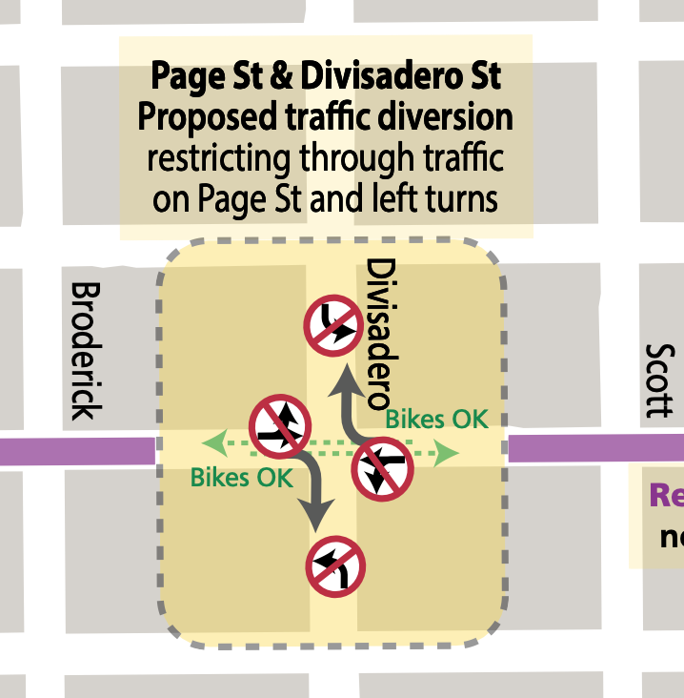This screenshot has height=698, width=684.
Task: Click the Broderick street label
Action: pyautogui.click(x=86, y=350)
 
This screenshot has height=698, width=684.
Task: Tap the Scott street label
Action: pyautogui.click(x=658, y=380)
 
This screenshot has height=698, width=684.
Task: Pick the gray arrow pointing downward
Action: pyautogui.click(x=315, y=492)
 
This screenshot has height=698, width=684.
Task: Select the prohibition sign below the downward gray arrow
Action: pyautogui.click(x=335, y=566)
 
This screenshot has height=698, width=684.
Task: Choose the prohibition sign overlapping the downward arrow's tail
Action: pyautogui.click(x=279, y=426)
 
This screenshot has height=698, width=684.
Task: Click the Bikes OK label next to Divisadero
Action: pyautogui.click(x=436, y=419)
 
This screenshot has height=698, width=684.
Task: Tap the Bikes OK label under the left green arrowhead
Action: pyautogui.click(x=242, y=477)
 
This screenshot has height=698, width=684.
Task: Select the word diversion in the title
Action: pyautogui.click(x=448, y=117)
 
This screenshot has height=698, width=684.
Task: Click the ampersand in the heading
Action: pyautogui.click(x=283, y=75)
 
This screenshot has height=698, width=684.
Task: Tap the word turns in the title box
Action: pyautogui.click(x=462, y=198)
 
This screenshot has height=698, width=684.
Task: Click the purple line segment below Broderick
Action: pyautogui.click(x=76, y=450)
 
